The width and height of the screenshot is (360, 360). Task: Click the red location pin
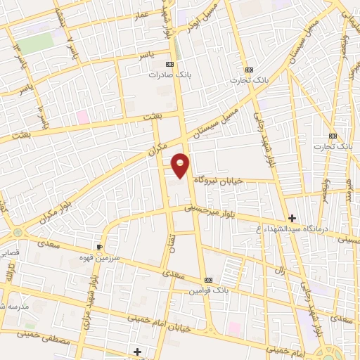pyautogui.click(x=181, y=164)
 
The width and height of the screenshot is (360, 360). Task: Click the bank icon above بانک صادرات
pyautogui.click(x=169, y=64)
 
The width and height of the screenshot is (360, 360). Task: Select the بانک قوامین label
pyautogui.click(x=209, y=290)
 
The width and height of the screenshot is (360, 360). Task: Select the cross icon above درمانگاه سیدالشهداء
pyautogui.click(x=292, y=218)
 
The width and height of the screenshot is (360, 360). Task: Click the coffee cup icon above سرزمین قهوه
pyautogui.click(x=99, y=247)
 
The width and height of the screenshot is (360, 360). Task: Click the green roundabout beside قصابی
pyautogui.click(x=18, y=231)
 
